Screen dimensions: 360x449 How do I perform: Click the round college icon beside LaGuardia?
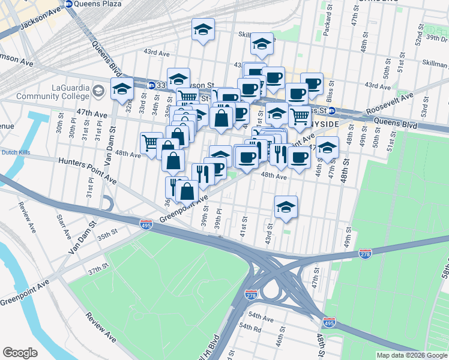pos(100,91)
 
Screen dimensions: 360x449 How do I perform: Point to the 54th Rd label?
pos(250,328)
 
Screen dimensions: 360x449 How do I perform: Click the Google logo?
pos(20,352)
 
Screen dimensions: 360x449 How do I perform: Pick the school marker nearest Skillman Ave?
pos(261,43)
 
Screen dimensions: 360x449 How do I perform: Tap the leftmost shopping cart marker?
pos(151,143)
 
